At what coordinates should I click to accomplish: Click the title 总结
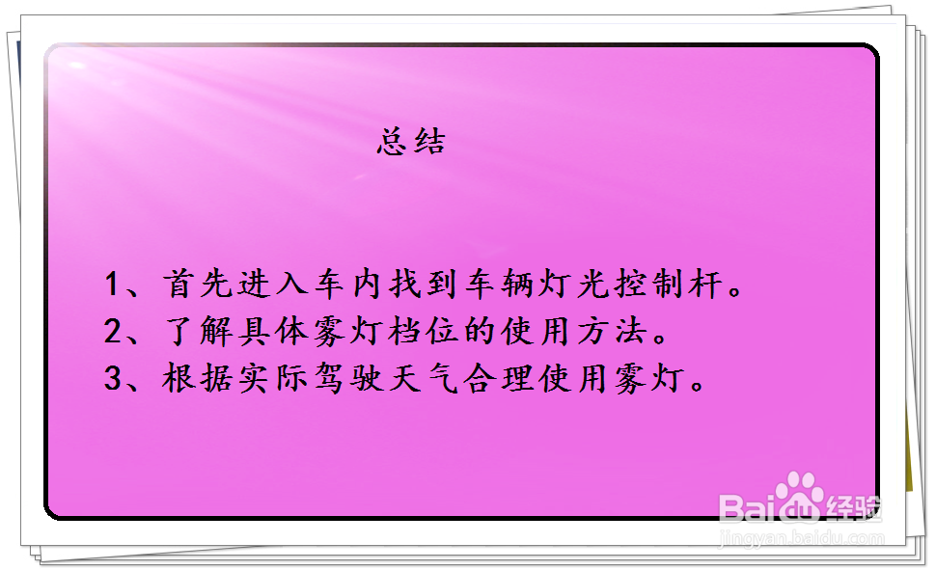[411, 142]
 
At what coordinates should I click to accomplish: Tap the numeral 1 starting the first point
[111, 284]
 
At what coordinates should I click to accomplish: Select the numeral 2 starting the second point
[112, 331]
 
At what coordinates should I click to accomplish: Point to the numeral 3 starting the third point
[112, 378]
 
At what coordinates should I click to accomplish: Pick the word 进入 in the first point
[273, 284]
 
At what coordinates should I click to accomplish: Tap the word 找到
[424, 284]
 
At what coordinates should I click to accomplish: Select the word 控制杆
[669, 284]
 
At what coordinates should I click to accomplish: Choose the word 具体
[273, 331]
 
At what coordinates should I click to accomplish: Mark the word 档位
[424, 331]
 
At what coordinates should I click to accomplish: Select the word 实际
[273, 378]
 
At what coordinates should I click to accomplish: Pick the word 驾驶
[348, 378]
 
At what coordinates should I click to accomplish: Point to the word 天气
[424, 378]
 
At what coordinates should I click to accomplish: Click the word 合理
[499, 378]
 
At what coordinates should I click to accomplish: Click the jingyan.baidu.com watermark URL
[802, 538]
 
